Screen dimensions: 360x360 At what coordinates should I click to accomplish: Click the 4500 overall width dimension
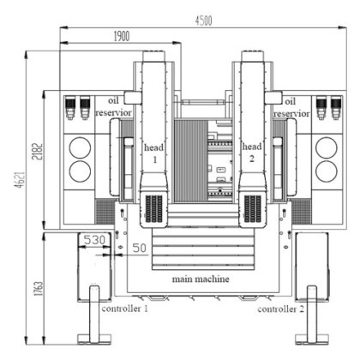click(x=203, y=21)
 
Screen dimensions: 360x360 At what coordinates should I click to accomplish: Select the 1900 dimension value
click(x=122, y=36)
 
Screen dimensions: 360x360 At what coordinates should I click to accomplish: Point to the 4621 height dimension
click(x=21, y=180)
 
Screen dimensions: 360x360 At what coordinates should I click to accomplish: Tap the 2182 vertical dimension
click(x=38, y=151)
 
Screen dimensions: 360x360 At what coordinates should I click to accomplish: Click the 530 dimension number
click(x=94, y=240)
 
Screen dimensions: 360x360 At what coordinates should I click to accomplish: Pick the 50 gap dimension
click(x=140, y=248)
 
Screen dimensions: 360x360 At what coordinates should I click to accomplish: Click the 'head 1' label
click(x=154, y=153)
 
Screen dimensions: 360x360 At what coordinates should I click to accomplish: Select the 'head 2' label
click(x=252, y=153)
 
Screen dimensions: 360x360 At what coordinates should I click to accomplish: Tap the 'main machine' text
click(x=201, y=279)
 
